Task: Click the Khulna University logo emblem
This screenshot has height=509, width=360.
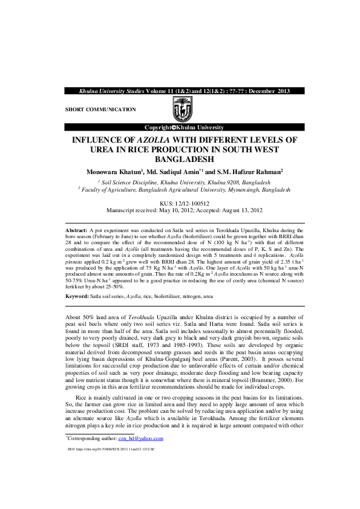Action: point(180,109)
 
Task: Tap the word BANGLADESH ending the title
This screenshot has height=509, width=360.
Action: point(180,160)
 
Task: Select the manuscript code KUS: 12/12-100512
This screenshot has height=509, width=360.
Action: point(180,204)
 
